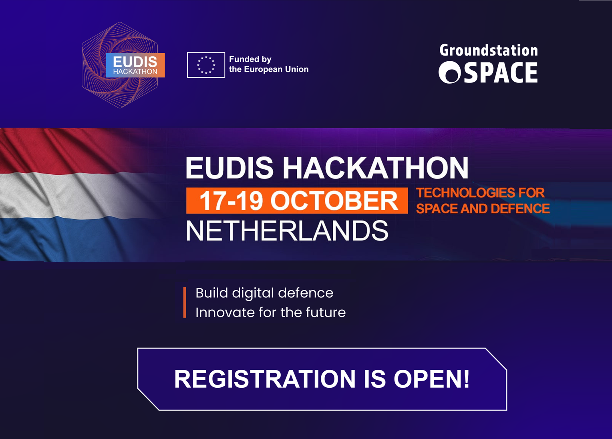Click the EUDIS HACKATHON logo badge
pyautogui.click(x=135, y=65)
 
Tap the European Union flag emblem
pyautogui.click(x=206, y=65)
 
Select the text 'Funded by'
pyautogui.click(x=250, y=59)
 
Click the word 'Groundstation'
pyautogui.click(x=489, y=50)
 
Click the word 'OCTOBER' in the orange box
pyautogui.click(x=334, y=200)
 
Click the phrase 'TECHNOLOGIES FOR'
pyautogui.click(x=480, y=193)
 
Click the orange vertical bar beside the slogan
pyautogui.click(x=185, y=302)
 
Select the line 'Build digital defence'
pyautogui.click(x=264, y=293)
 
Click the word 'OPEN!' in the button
pyautogui.click(x=431, y=379)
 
